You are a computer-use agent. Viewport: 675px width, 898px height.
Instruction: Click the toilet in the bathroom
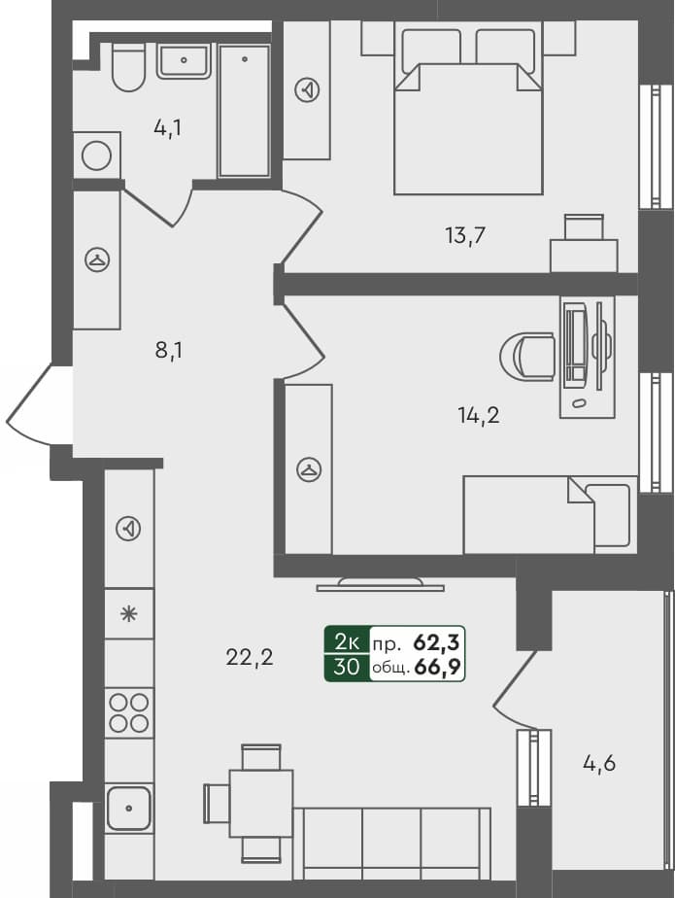tap(128, 65)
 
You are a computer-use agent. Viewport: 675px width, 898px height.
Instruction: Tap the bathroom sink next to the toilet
tap(184, 60)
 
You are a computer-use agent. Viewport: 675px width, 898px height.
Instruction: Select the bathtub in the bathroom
tap(244, 110)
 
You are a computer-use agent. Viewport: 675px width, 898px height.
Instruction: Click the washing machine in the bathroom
tap(97, 155)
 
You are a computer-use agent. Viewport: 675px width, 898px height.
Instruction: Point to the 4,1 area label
tap(168, 127)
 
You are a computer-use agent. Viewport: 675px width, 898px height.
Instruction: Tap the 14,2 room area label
tap(478, 415)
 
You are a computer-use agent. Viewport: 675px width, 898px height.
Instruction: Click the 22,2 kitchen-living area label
tap(250, 657)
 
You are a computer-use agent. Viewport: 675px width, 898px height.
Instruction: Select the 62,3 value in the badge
tap(437, 640)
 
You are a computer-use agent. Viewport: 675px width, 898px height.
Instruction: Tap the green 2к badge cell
tap(347, 640)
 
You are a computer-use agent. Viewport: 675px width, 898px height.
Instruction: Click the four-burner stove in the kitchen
tap(129, 711)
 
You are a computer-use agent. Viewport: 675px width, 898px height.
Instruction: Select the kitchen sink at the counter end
tap(129, 808)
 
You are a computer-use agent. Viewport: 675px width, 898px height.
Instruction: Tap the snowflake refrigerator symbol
tap(128, 613)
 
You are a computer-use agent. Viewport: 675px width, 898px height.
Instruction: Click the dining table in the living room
tap(261, 802)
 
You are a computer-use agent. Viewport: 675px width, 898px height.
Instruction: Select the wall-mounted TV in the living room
tap(380, 584)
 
